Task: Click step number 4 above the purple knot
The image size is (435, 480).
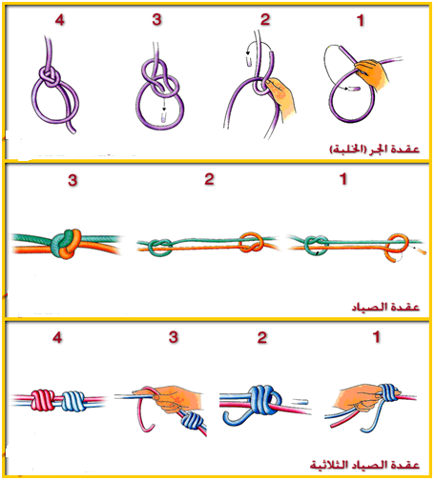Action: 59,20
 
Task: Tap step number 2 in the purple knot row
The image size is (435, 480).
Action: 265,19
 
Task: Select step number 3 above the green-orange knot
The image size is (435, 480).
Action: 72,180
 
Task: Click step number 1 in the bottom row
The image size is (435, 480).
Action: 377,337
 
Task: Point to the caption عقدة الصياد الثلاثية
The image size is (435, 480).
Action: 364,465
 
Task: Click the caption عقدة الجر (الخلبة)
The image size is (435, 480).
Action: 375,149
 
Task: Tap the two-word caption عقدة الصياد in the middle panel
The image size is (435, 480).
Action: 385,307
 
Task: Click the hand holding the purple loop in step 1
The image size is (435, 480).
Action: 373,73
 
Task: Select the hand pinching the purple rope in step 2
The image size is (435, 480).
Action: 282,98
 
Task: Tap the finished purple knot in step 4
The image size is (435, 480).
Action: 51,76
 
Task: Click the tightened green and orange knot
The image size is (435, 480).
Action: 66,243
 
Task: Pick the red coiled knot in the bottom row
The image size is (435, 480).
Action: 43,400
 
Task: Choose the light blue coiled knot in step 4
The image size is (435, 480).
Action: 73,401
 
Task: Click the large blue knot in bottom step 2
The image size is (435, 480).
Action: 264,400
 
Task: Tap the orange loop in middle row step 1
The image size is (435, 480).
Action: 397,249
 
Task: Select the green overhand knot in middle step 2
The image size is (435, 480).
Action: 160,248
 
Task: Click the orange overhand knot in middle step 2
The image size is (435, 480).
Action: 251,242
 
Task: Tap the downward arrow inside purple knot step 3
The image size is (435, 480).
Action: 164,105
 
